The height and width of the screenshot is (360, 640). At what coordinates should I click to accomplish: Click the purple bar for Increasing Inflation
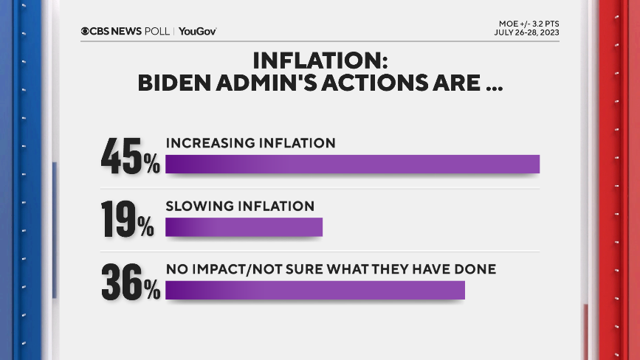pyautogui.click(x=353, y=164)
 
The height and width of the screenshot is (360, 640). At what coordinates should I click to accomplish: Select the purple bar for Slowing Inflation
pyautogui.click(x=244, y=227)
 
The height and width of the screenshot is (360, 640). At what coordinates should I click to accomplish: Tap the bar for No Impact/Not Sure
pyautogui.click(x=315, y=290)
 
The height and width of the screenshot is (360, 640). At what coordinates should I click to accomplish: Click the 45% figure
pyautogui.click(x=130, y=156)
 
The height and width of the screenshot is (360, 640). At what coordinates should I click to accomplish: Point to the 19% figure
pyautogui.click(x=127, y=220)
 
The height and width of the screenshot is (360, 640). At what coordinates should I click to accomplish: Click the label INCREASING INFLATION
pyautogui.click(x=250, y=142)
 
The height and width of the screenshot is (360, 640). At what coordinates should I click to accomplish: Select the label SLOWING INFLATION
pyautogui.click(x=240, y=206)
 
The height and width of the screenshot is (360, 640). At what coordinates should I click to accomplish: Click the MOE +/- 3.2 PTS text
pyautogui.click(x=528, y=23)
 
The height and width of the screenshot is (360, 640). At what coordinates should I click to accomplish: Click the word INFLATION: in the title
pyautogui.click(x=320, y=60)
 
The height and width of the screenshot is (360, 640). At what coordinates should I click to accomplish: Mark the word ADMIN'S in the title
pyautogui.click(x=283, y=83)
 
